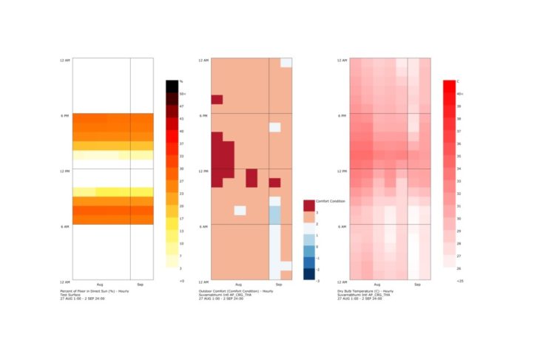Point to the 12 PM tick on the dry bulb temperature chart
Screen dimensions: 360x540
click(342, 171)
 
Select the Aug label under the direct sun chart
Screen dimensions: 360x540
click(101, 285)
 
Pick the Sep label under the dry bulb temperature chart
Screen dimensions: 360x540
click(418, 285)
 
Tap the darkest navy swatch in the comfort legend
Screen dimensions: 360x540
click(308, 274)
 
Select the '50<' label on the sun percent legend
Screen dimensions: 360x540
click(183, 94)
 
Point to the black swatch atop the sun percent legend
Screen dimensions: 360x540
click(172, 86)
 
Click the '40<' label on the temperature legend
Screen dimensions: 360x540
click(459, 94)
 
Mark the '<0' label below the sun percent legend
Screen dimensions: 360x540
click(182, 282)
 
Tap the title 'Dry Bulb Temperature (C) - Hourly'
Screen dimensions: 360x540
click(367, 291)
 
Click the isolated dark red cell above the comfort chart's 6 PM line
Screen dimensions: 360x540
click(217, 100)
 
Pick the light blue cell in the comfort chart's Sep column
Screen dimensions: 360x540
click(274, 215)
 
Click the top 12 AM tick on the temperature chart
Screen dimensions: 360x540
click(342, 60)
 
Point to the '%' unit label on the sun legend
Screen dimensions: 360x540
click(181, 81)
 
